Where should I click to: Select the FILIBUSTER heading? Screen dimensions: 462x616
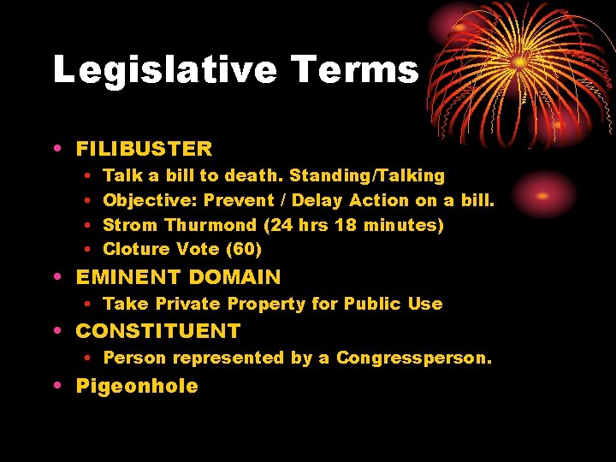tap(144, 149)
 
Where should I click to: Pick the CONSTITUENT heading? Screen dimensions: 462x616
tap(158, 331)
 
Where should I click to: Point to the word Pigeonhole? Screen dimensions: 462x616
tap(137, 386)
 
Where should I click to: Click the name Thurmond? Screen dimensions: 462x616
tap(210, 225)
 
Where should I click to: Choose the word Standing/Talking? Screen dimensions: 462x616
tap(367, 176)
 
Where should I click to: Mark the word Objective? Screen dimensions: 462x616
tap(150, 200)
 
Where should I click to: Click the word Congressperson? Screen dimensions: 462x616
tap(414, 358)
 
